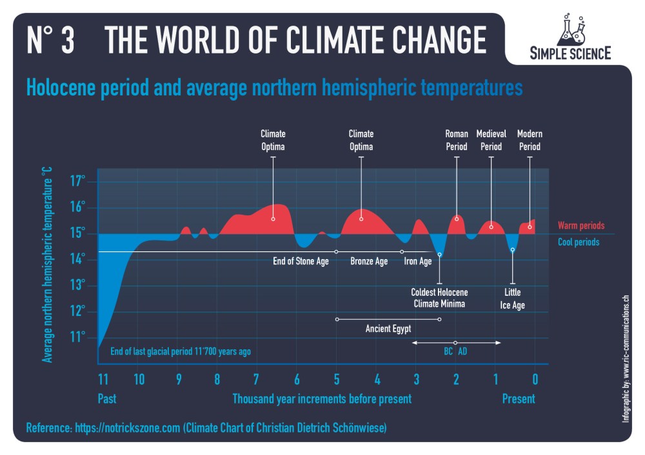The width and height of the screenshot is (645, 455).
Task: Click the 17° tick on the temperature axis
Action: [x=77, y=181]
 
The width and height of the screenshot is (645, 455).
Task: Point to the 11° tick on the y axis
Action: [x=77, y=337]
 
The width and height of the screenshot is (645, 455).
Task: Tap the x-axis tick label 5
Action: [x=337, y=378]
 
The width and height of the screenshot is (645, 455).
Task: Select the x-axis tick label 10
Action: [x=139, y=378]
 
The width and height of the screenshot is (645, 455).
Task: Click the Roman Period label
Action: [x=457, y=140]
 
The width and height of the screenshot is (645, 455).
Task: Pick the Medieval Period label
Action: [x=491, y=140]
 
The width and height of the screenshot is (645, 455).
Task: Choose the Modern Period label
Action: [x=530, y=140]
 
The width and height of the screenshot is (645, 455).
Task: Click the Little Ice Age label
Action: [x=513, y=299]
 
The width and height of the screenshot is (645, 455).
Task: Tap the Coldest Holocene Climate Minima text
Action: [x=439, y=298]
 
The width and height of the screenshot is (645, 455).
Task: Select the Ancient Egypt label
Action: [x=388, y=329]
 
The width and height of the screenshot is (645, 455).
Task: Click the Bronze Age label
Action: [x=369, y=262]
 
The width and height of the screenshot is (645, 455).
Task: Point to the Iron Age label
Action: [x=418, y=262]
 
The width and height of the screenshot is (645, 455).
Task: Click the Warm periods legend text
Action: [x=581, y=226]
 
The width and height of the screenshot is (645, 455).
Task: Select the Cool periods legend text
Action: [x=579, y=242]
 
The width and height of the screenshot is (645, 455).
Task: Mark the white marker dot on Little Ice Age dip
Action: [x=513, y=250]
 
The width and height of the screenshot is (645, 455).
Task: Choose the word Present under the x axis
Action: [x=519, y=399]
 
